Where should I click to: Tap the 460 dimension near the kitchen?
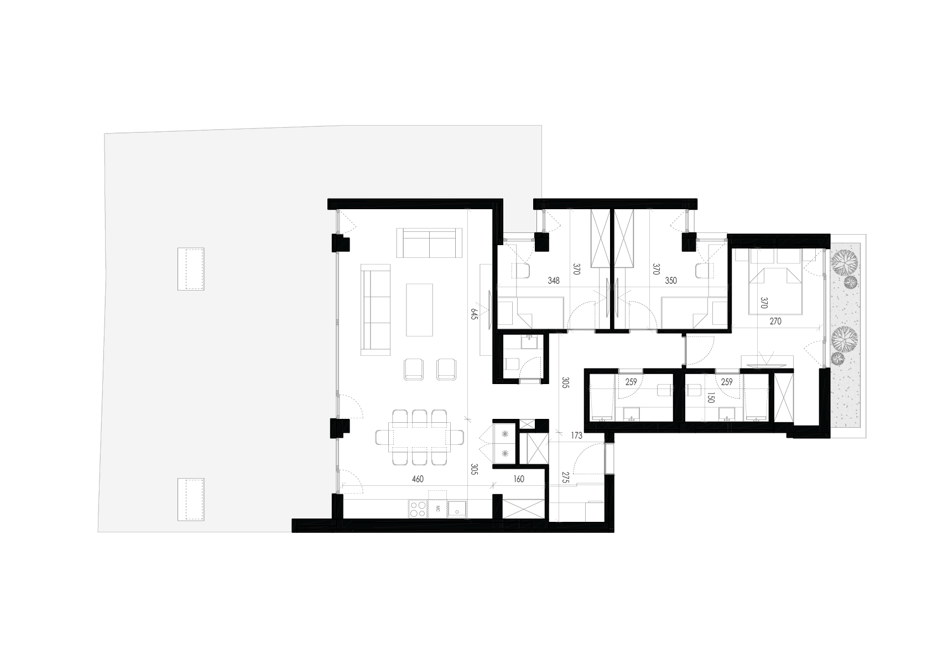click(418, 479)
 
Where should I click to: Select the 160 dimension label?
click(519, 479)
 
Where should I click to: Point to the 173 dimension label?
click(576, 435)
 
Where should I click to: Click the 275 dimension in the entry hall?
click(565, 478)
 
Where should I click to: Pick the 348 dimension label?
click(554, 280)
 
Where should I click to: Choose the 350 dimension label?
click(671, 280)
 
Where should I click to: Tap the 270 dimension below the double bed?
click(775, 321)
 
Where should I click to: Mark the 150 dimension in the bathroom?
click(711, 398)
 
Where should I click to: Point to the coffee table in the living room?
click(419, 310)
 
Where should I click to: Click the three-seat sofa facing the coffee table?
click(376, 310)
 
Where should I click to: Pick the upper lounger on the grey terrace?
click(191, 269)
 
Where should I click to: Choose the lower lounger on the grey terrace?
click(191, 499)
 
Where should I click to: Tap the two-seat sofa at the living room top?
click(429, 243)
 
